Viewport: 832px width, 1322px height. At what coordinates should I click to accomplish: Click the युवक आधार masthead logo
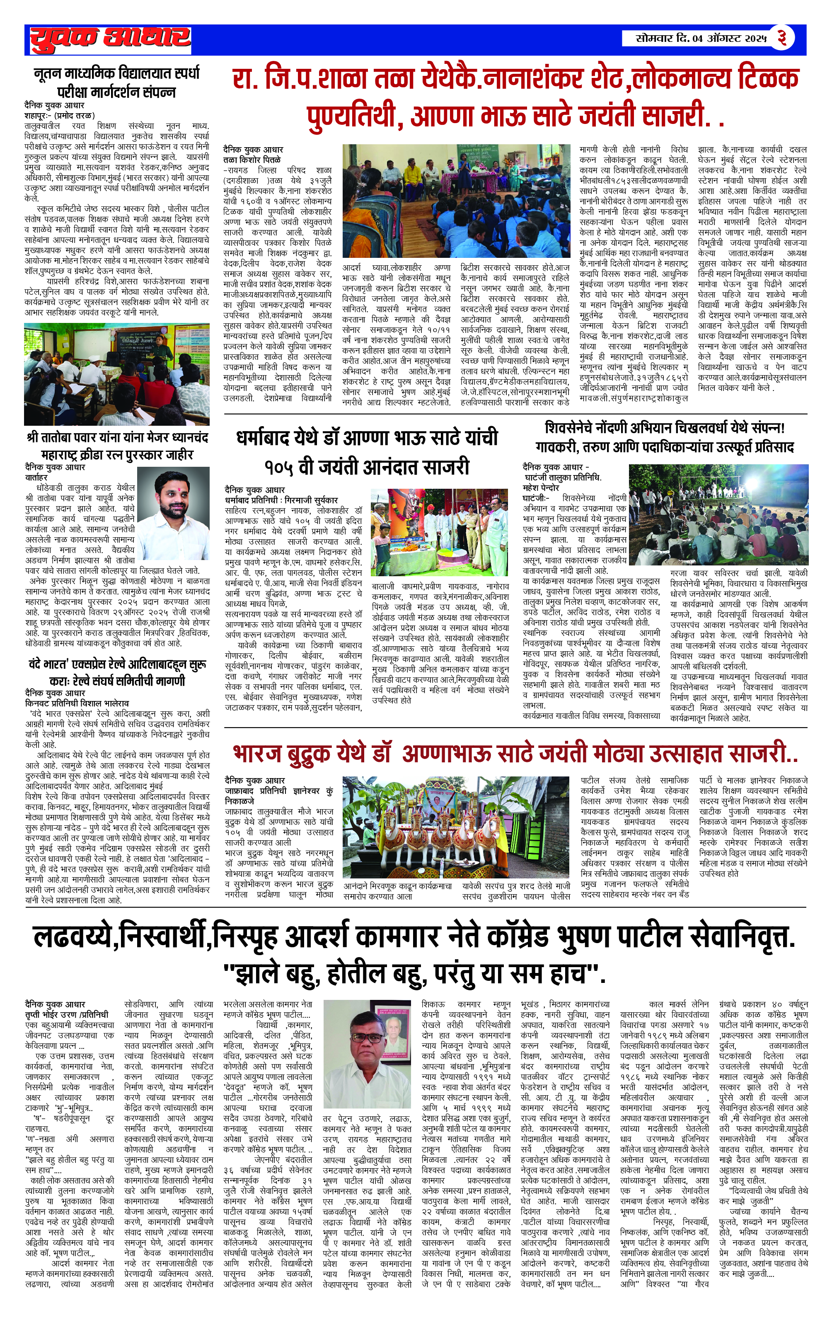click(x=110, y=39)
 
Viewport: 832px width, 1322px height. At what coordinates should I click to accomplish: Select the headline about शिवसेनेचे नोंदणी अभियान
click(x=665, y=428)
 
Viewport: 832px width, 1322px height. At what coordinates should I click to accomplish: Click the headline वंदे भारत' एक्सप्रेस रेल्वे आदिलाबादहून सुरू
click(x=117, y=665)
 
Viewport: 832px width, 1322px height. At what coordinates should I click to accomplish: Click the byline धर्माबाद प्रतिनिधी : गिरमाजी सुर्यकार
click(x=281, y=500)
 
